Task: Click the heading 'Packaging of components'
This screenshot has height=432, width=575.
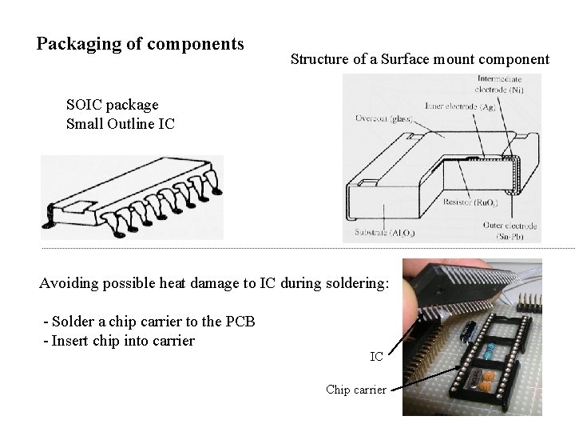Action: pyautogui.click(x=141, y=43)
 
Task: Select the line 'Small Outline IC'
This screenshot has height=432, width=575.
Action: pyautogui.click(x=121, y=124)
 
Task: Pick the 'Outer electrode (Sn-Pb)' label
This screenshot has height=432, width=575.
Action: pyautogui.click(x=510, y=231)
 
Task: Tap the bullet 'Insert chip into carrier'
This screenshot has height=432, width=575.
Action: pyautogui.click(x=123, y=342)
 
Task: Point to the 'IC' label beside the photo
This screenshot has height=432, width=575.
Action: pyautogui.click(x=376, y=356)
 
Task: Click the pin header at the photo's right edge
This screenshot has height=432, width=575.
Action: pyautogui.click(x=529, y=302)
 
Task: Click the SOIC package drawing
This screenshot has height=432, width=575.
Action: pyautogui.click(x=132, y=197)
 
